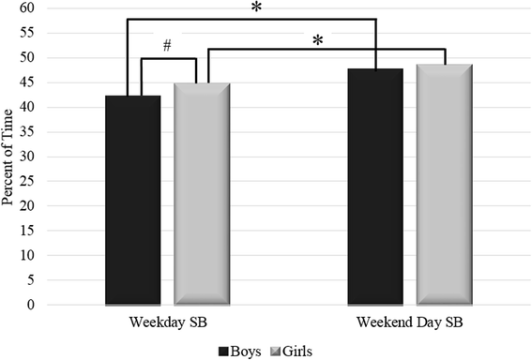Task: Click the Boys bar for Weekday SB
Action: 132,200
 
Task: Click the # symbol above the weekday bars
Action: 167,46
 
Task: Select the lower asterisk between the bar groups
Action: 318,40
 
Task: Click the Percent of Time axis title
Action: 11,156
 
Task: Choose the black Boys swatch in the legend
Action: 224,351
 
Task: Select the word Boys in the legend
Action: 248,351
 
